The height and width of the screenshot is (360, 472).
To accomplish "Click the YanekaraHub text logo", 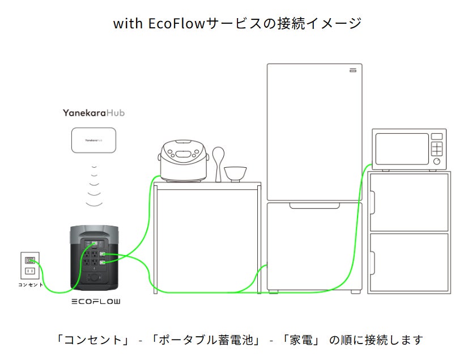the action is [x=93, y=113].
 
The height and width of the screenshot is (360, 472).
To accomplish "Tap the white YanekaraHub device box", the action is [x=93, y=141].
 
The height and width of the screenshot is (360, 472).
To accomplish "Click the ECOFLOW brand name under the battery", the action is [x=96, y=301].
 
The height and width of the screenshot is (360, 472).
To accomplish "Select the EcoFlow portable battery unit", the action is [x=94, y=258].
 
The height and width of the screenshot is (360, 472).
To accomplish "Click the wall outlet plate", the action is [x=30, y=265].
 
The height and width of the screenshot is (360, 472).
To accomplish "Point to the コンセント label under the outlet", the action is [x=31, y=285].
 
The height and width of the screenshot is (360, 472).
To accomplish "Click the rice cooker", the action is [x=184, y=161].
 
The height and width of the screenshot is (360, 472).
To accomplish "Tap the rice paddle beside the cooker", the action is [x=218, y=164].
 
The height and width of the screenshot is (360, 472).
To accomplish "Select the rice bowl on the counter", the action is [x=235, y=175].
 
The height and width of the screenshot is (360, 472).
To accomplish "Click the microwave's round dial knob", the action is [x=437, y=162].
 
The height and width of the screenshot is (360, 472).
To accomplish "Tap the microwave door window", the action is [x=402, y=149].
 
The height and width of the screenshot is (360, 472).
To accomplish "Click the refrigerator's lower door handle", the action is [x=314, y=206].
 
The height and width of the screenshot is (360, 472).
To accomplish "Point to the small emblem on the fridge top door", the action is [x=353, y=70].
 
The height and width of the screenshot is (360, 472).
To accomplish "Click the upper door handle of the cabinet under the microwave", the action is [x=372, y=202].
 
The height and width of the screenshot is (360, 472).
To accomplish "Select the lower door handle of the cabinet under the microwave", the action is [x=372, y=263].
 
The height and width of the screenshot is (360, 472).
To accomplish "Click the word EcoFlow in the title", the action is [x=176, y=23].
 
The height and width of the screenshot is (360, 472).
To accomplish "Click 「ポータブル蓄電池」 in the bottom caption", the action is [x=205, y=340].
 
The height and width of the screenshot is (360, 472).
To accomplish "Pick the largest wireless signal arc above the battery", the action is [x=94, y=205].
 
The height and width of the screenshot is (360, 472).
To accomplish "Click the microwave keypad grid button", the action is [x=437, y=149].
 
